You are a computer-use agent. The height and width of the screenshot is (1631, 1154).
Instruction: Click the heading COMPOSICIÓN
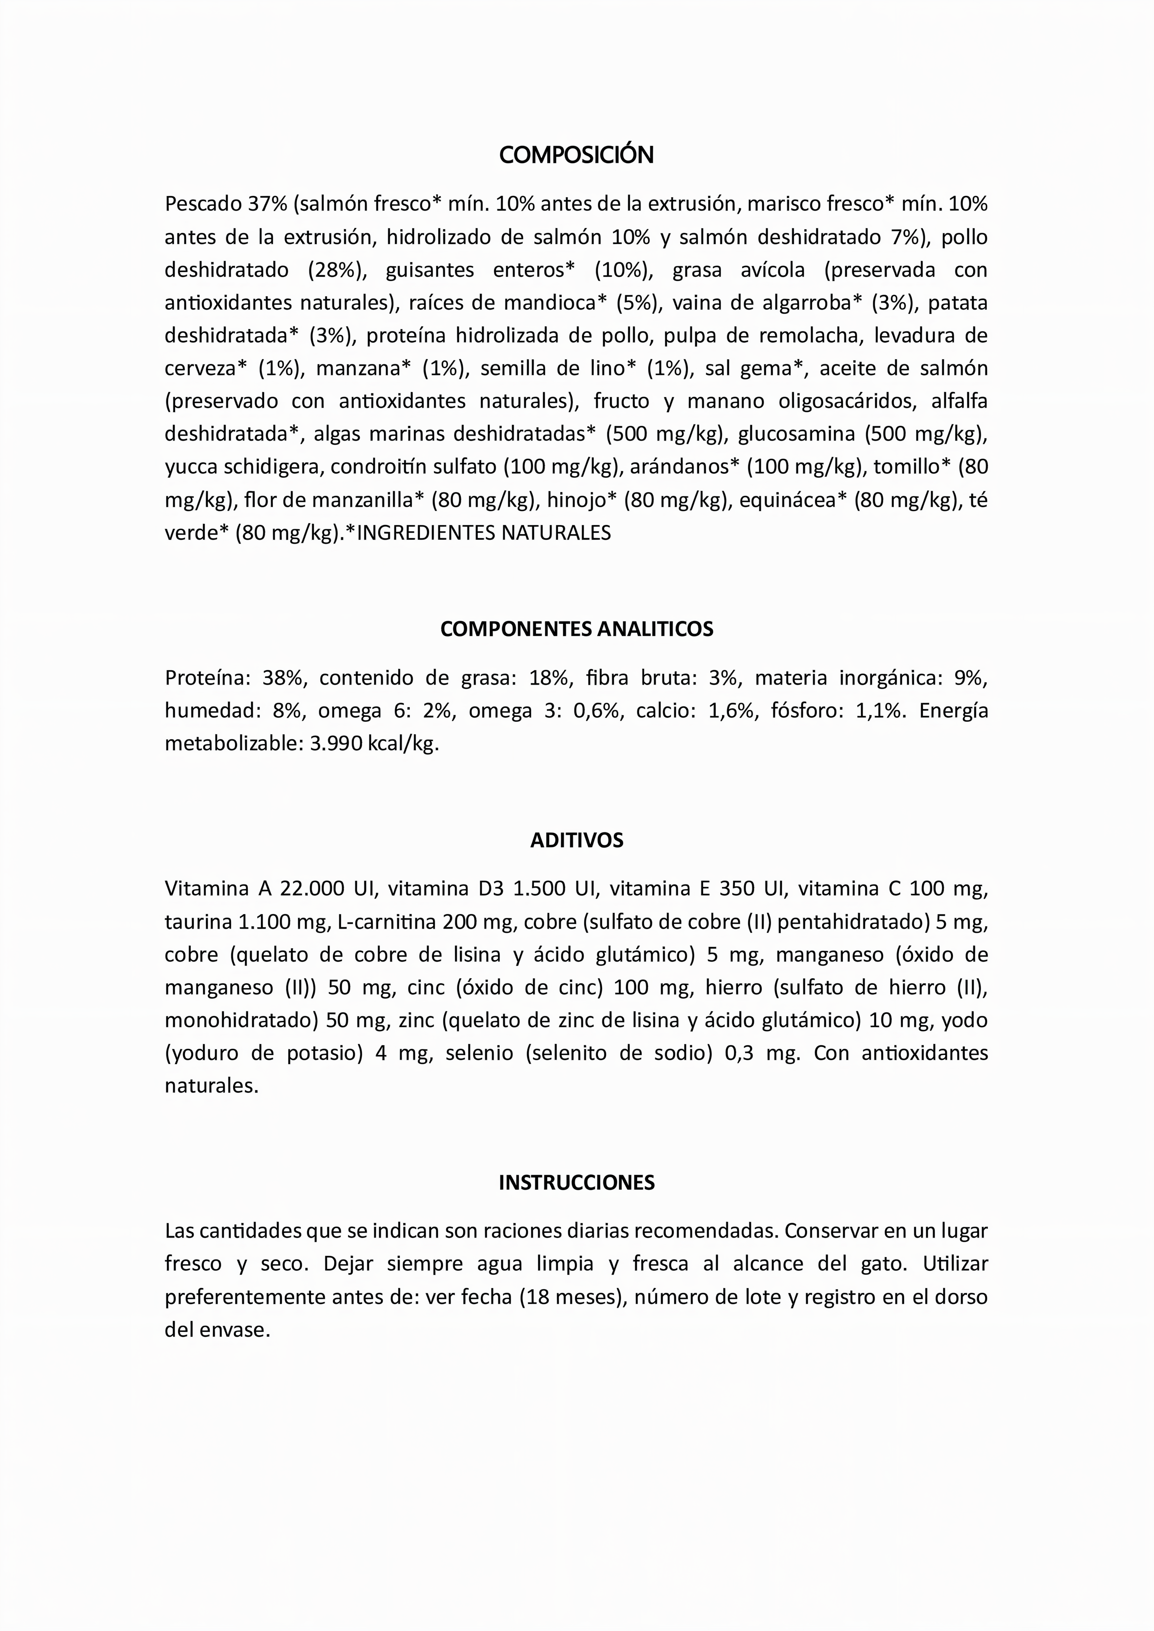click(576, 155)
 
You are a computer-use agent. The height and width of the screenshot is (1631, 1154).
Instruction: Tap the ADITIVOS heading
click(576, 840)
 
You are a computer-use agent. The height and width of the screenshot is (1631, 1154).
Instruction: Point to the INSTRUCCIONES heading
click(576, 1183)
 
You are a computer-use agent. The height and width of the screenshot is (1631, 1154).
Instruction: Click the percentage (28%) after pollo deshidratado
click(337, 270)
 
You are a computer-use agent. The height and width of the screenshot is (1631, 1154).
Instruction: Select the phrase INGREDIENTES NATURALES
click(483, 533)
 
